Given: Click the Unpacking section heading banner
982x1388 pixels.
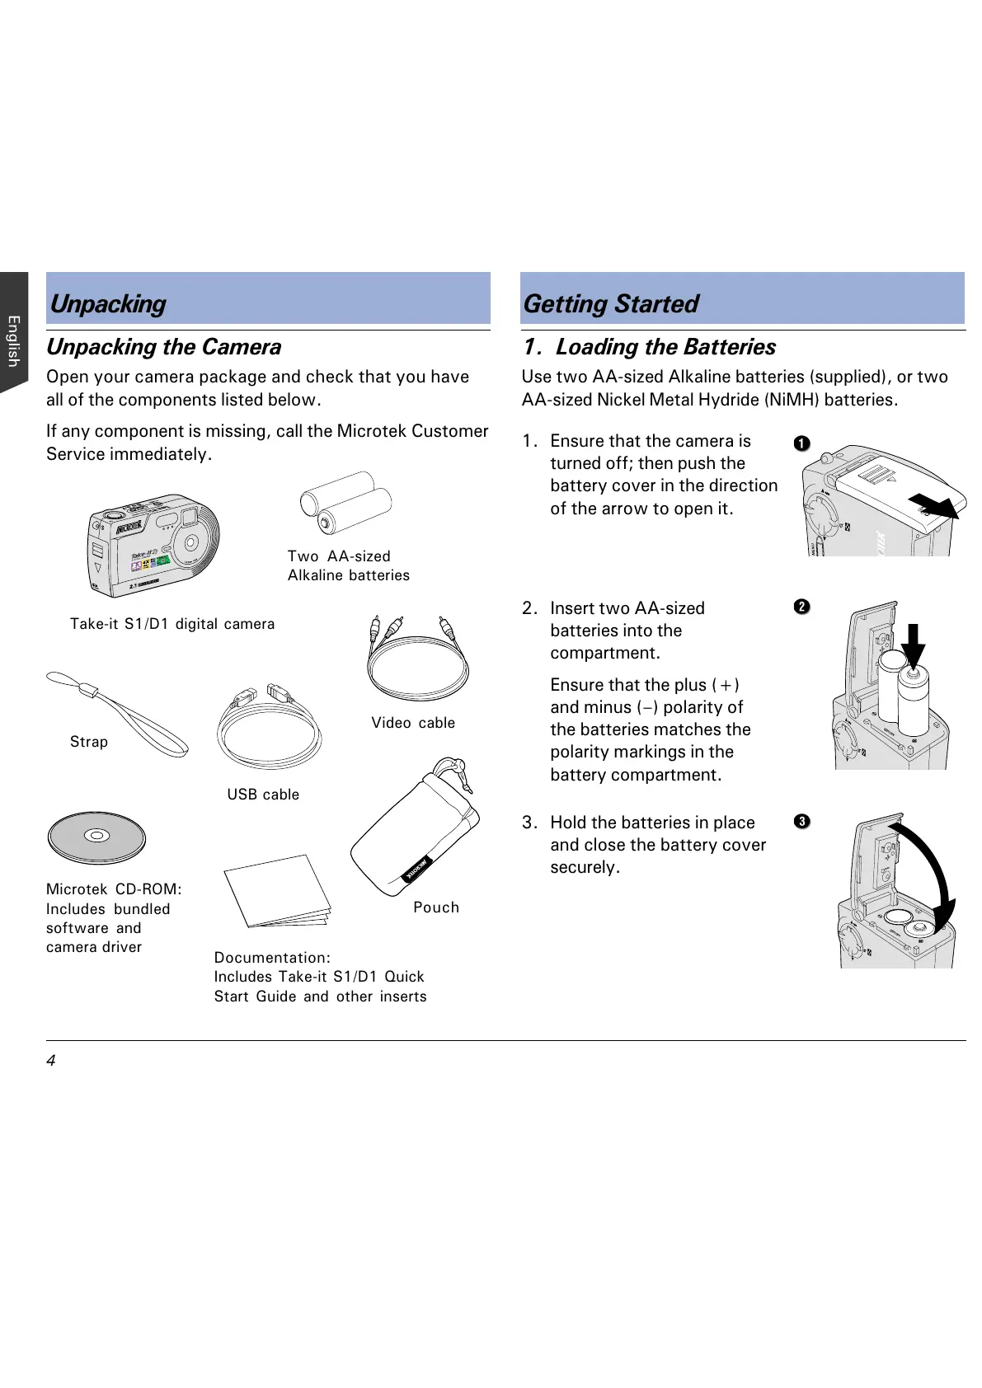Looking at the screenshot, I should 268,299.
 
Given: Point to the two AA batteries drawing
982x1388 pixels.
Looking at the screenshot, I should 345,503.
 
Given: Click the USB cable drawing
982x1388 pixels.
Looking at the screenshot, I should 269,727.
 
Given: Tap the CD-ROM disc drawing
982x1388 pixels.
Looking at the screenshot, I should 96,837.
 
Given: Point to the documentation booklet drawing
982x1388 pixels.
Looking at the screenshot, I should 278,892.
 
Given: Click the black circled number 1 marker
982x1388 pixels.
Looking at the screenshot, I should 801,443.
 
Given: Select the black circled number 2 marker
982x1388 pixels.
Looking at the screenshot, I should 801,607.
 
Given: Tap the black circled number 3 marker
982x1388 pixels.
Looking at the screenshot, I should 801,821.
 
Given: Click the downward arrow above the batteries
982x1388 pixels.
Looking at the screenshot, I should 913,645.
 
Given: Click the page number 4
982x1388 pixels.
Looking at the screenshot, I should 51,1060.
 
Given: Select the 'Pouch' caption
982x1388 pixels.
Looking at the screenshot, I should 436,907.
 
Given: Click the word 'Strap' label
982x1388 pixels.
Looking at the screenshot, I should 89,742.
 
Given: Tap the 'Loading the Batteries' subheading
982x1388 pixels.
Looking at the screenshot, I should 665,347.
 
